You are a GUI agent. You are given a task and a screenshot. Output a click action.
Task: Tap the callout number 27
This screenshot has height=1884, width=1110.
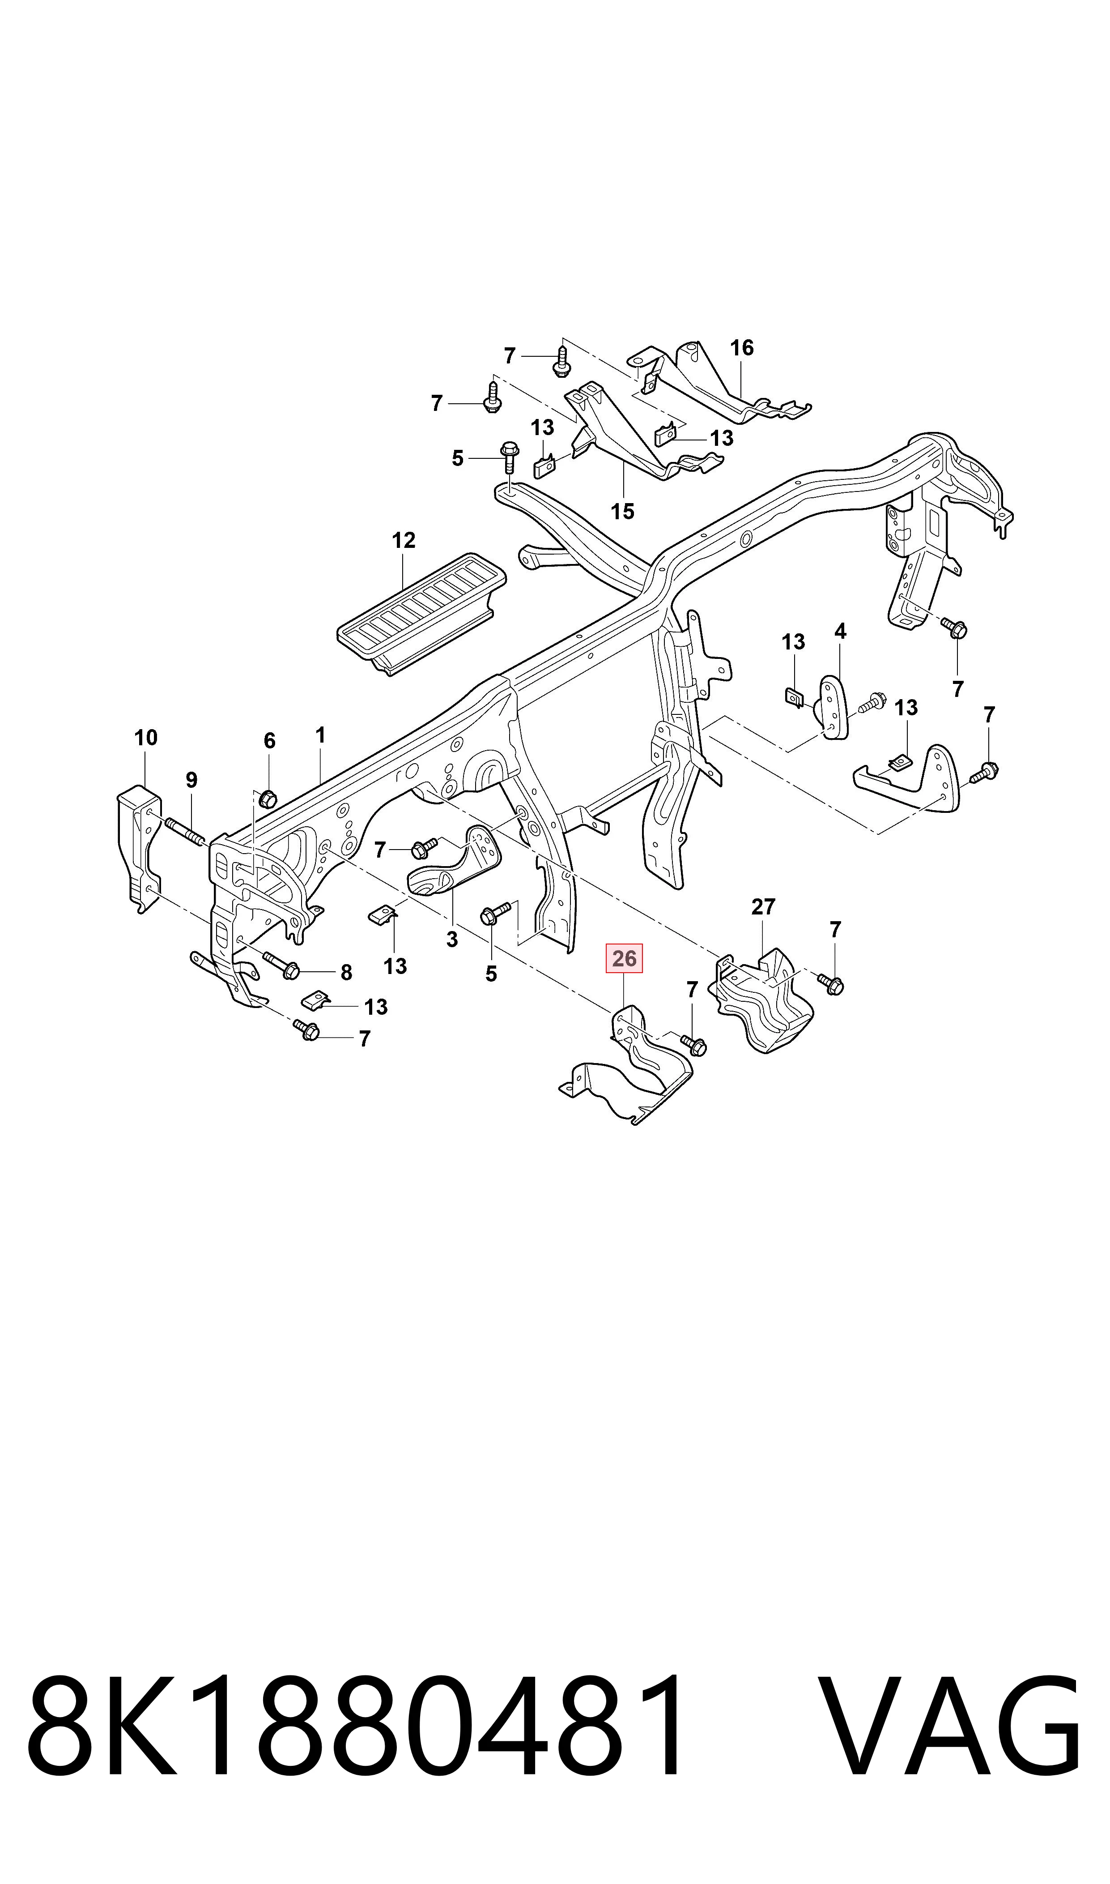click(x=763, y=907)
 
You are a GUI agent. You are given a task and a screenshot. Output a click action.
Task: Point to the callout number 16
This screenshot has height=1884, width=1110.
click(x=741, y=347)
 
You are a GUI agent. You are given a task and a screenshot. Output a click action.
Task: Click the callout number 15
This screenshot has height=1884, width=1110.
click(x=622, y=512)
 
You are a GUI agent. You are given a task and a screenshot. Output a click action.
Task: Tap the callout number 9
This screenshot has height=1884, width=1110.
click(x=191, y=780)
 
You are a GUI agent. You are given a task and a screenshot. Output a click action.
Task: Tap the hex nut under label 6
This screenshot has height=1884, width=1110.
click(x=267, y=799)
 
